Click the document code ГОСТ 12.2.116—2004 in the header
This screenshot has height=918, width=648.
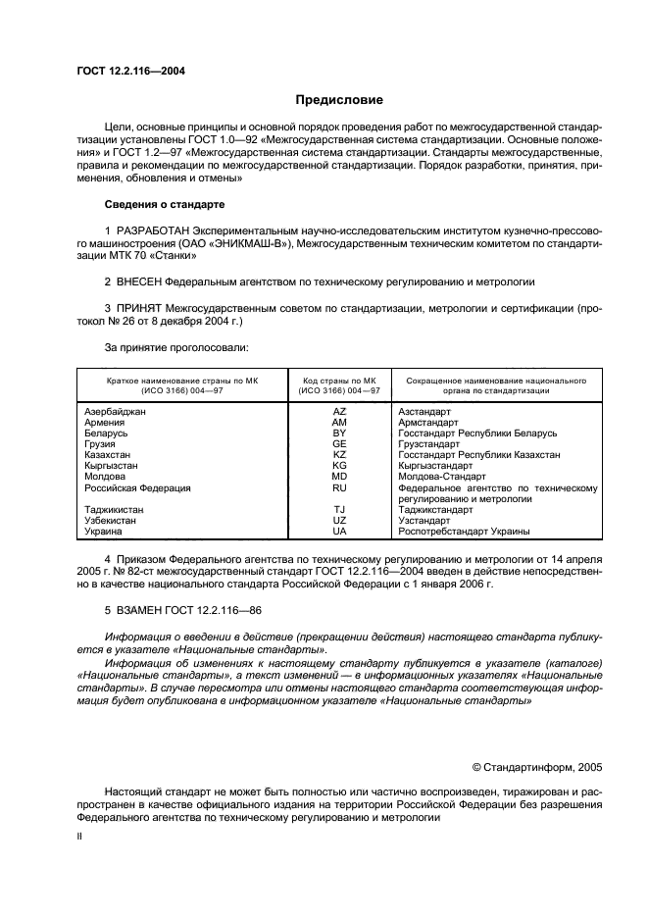(130, 71)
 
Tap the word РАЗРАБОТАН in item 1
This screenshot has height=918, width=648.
(152, 230)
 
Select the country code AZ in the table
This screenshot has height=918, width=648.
(339, 412)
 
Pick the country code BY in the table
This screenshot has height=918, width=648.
(339, 433)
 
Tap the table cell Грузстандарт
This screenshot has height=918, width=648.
(429, 444)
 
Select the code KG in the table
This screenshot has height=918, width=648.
(339, 466)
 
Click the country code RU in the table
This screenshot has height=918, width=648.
(339, 487)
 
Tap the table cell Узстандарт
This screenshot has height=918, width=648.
(424, 521)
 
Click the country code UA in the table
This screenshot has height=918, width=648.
(339, 532)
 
